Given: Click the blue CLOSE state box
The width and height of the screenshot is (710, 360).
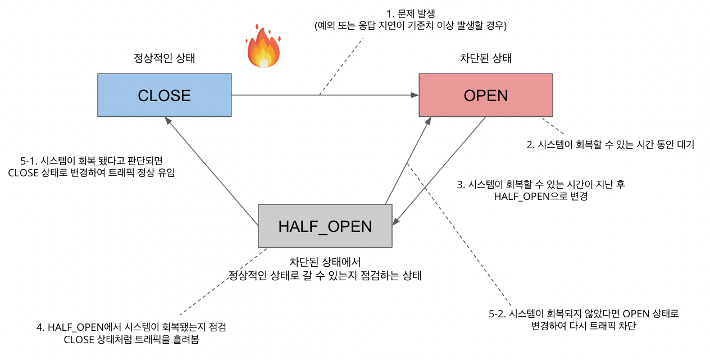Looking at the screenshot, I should tap(164, 95).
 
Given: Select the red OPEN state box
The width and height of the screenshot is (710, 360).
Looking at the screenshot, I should tap(485, 95).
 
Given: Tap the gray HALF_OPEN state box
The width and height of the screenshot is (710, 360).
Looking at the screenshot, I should tap(325, 226).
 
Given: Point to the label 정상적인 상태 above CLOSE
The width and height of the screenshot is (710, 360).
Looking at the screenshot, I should tap(164, 58).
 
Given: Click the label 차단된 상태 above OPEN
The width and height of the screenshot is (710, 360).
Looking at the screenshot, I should tap(485, 58).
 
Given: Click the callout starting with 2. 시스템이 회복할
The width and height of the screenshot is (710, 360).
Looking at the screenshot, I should tap(610, 144).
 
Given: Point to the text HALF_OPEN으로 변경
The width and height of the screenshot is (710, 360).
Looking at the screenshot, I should tap(540, 196).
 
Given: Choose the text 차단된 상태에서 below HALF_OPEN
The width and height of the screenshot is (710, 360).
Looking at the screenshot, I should tap(325, 262).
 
